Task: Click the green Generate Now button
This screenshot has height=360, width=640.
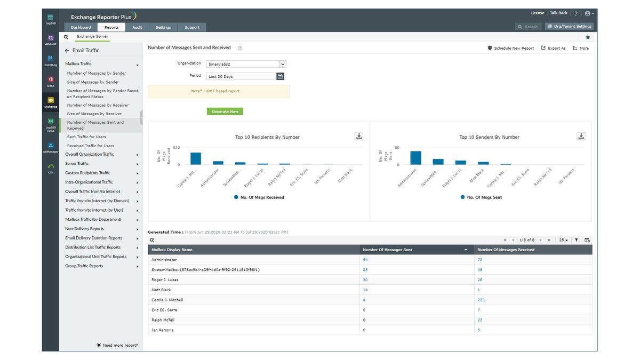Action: (225, 111)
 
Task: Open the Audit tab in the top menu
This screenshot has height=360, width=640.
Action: (137, 27)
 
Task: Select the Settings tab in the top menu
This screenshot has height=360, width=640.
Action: (163, 27)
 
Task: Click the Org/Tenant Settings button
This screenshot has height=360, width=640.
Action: (570, 26)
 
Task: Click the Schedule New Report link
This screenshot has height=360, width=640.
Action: (510, 48)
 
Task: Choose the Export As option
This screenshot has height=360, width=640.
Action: (553, 48)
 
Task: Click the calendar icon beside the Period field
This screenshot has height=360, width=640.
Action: (280, 76)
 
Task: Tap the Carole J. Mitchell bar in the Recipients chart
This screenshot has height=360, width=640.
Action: (196, 158)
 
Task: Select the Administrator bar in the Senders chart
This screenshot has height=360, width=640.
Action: (415, 158)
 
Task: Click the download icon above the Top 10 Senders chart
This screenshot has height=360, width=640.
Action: (581, 136)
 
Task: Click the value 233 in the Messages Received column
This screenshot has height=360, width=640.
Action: (481, 300)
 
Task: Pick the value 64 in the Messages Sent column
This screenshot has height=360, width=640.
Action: (365, 260)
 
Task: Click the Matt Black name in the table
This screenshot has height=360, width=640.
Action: (161, 290)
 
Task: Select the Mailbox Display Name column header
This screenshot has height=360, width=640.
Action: (172, 250)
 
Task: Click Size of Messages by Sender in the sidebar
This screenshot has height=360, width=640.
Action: (93, 82)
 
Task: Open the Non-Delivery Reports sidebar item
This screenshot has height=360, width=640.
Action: (84, 229)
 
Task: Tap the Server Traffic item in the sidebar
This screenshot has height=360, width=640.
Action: (77, 164)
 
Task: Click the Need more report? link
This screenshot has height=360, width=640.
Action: (120, 345)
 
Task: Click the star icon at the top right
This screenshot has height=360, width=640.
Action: (588, 37)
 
